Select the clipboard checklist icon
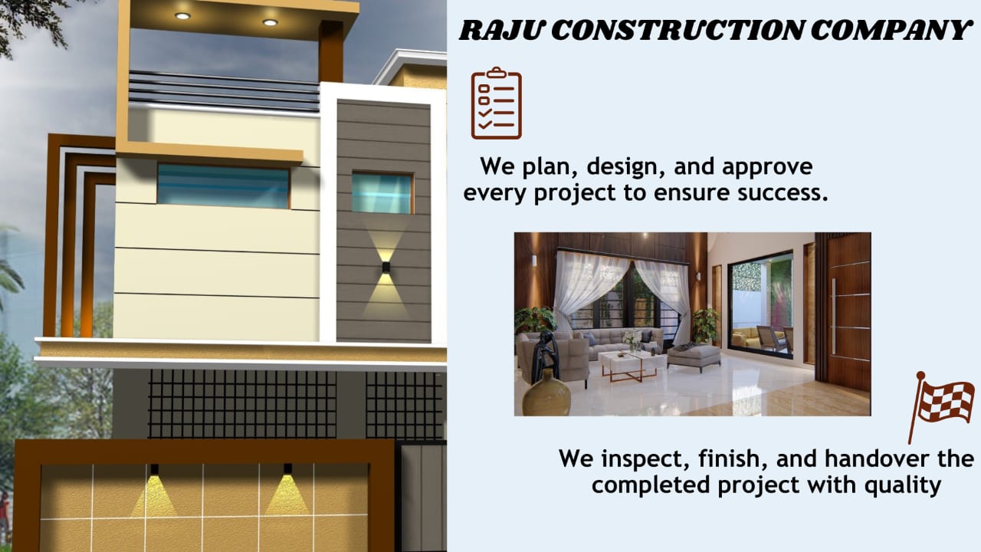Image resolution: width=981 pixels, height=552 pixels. tap(496, 103)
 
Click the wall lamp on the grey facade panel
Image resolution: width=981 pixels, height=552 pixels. tap(386, 268)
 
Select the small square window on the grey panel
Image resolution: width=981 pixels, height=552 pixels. tap(382, 192)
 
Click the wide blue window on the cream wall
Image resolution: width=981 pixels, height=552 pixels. tap(223, 186)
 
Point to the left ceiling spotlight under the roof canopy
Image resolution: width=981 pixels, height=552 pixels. tap(182, 16)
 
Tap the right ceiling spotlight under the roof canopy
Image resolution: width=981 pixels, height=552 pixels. tap(270, 22)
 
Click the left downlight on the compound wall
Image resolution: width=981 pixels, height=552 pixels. tap(154, 470)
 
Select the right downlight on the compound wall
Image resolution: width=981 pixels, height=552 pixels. tap(287, 469)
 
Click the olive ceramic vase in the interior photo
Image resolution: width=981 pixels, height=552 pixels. tap(546, 393)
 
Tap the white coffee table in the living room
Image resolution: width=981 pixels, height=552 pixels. tap(630, 364)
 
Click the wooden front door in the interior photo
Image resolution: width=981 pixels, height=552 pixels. tap(848, 312)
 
